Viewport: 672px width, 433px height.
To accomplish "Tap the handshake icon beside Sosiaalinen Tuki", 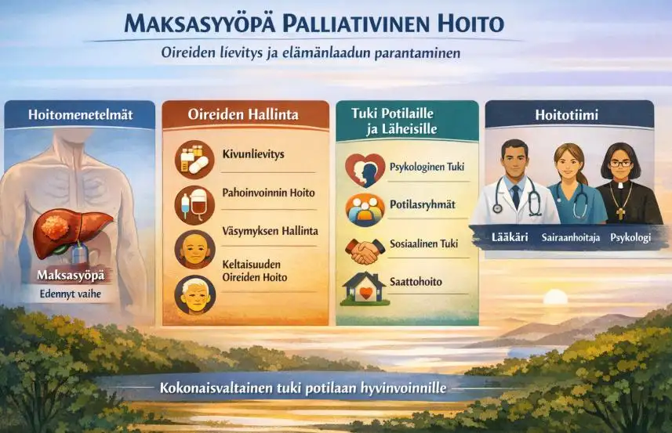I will [x=364, y=251].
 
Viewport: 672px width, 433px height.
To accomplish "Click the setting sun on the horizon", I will [x=555, y=298].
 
